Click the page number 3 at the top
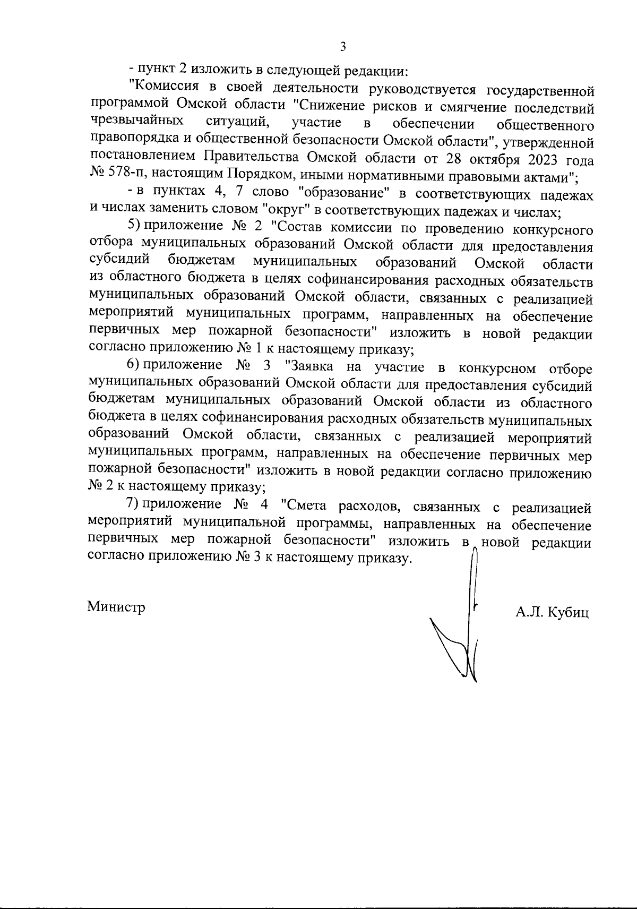pyautogui.click(x=342, y=47)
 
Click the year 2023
pyautogui.click(x=546, y=159)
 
